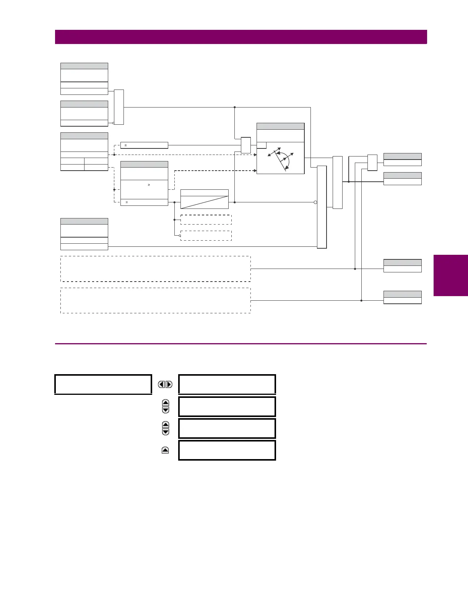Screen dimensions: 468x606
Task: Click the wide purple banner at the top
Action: (241, 37)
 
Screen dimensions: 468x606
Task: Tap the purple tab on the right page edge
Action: (450, 275)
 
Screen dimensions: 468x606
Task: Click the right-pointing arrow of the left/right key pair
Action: (169, 384)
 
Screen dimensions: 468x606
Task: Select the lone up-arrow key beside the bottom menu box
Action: (165, 450)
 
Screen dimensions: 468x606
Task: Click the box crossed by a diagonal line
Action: (204, 199)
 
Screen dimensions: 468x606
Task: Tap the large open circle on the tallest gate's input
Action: (315, 202)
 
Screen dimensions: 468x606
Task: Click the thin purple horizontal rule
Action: (241, 344)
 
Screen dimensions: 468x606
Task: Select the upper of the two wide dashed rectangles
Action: (155, 269)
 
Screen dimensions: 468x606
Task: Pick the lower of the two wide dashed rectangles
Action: (155, 301)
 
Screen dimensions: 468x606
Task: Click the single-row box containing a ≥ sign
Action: (144, 145)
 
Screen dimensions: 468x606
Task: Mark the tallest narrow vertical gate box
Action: (322, 207)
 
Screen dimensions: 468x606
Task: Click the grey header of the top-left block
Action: (84, 66)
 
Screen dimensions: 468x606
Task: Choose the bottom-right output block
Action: (402, 298)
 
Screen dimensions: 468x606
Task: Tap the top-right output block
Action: (402, 160)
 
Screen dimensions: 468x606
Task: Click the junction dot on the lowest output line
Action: (361, 301)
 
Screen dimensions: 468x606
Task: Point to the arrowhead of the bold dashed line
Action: (255, 171)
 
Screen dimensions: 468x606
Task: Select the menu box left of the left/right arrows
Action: (103, 384)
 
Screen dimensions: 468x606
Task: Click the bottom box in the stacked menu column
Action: (227, 450)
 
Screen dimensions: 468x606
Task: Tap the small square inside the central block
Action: (262, 145)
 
